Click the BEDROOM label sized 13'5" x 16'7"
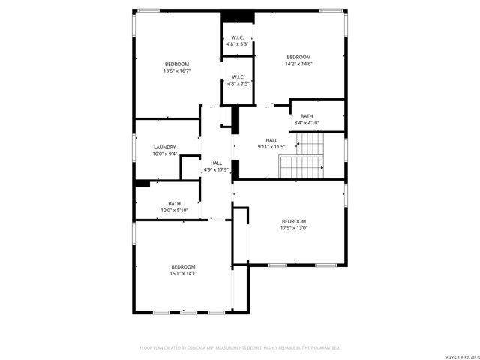pos(177,64)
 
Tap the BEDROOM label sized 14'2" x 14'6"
pos(298,57)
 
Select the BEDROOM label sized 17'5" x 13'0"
pos(294,220)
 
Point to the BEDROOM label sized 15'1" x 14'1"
pos(183,267)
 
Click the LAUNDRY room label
pos(164,147)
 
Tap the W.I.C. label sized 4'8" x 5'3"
pos(238,37)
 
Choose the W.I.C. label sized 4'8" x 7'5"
pos(238,76)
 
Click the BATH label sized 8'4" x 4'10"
pos(307,116)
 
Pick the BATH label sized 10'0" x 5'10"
pos(174,203)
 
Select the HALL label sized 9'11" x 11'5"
pos(271,140)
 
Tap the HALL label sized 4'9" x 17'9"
pos(216,163)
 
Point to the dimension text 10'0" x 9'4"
pos(164,154)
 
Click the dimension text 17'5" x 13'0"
pos(294,228)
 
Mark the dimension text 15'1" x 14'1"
pos(183,274)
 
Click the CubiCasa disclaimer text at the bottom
pos(240,347)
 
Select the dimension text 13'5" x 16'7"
pos(177,70)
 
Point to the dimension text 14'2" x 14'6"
pos(298,64)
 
